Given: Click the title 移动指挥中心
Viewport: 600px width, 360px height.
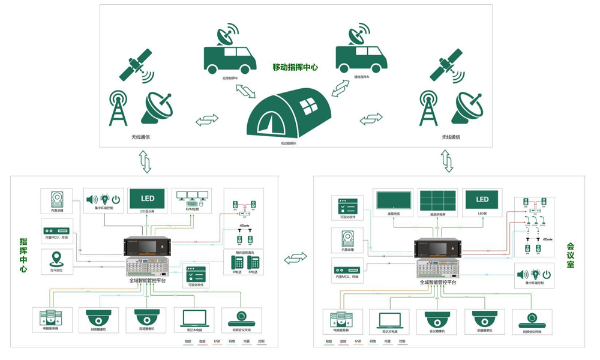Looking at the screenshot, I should (x=295, y=67).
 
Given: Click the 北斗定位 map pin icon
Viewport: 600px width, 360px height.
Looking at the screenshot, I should (x=56, y=260).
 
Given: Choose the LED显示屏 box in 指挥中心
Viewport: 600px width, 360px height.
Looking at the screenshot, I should (x=147, y=199).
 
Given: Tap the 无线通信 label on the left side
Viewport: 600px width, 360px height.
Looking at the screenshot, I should (x=140, y=137).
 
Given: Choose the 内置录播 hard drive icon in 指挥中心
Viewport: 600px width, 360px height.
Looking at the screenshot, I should (x=57, y=200).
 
